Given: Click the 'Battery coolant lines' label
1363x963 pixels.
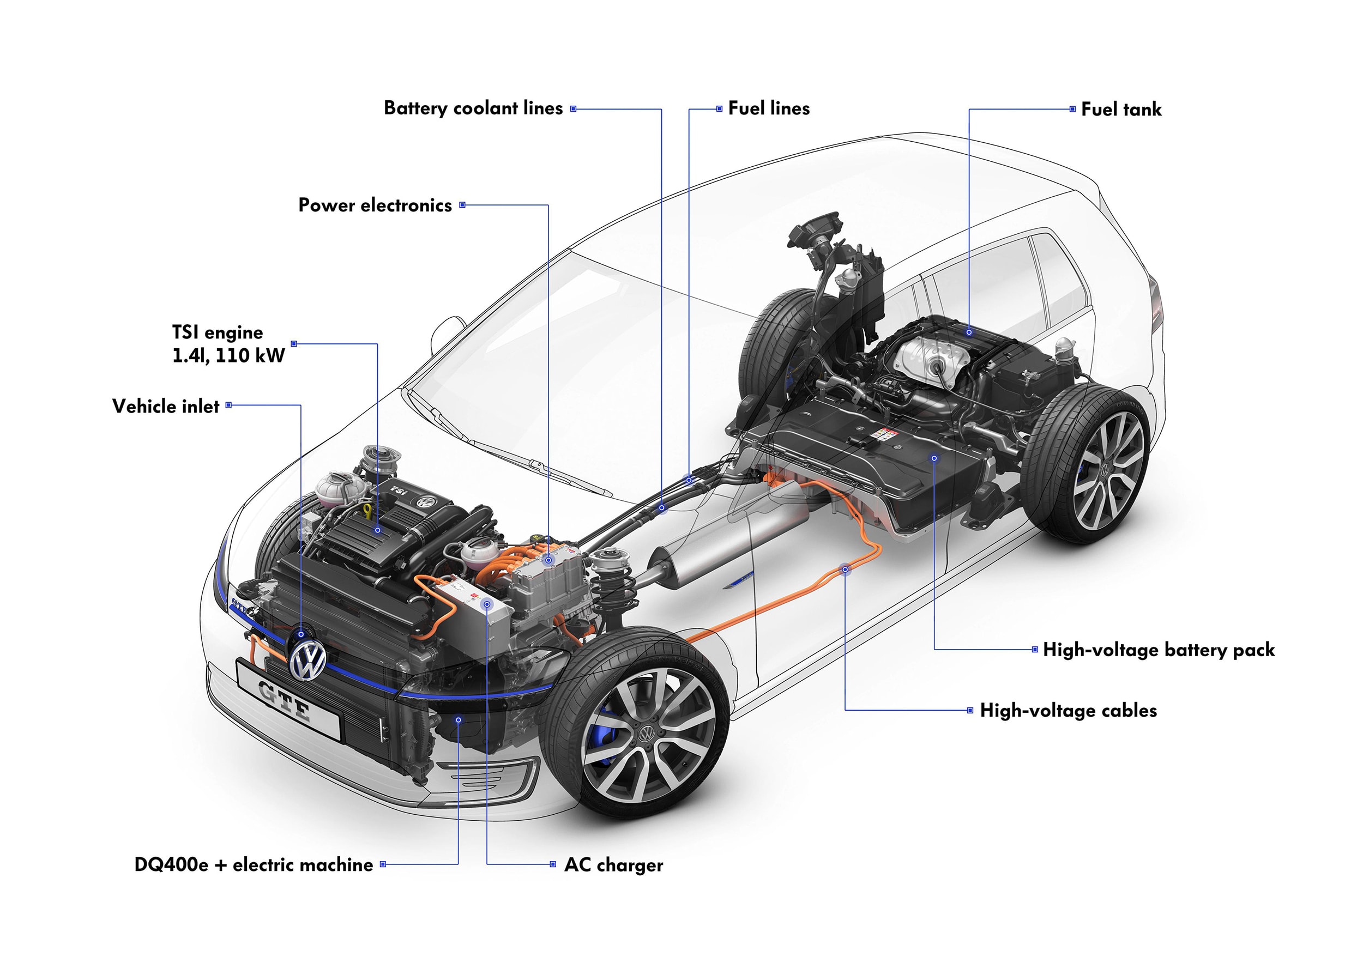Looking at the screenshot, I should click(x=473, y=108).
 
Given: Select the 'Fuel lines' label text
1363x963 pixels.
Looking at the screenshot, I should click(x=769, y=108).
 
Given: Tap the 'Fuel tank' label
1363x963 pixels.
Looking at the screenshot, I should click(x=1121, y=110).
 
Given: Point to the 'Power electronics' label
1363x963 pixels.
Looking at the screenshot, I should click(x=375, y=205).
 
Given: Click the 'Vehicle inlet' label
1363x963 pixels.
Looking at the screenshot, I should click(x=166, y=407).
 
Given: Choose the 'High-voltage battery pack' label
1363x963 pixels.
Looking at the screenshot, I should click(x=1158, y=650).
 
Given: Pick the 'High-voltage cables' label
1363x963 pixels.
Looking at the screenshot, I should click(x=1068, y=711).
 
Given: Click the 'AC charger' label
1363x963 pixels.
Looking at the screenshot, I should click(x=613, y=865).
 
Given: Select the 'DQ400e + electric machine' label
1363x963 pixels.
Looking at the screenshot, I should click(x=254, y=865).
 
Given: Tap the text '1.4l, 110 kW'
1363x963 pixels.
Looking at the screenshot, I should click(x=228, y=356).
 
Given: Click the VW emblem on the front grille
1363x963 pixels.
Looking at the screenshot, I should click(x=308, y=659).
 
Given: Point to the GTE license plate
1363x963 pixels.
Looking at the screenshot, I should click(x=288, y=700).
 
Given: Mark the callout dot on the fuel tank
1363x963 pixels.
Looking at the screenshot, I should click(x=969, y=332).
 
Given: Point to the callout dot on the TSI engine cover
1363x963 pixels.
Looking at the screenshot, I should click(x=378, y=530).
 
